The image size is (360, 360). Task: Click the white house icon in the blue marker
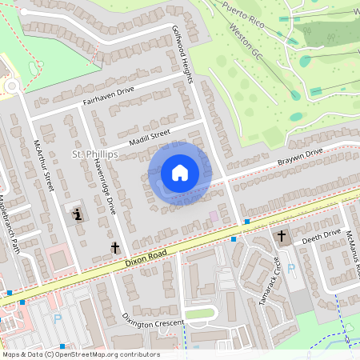[180, 172]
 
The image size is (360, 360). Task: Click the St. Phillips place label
[95, 153]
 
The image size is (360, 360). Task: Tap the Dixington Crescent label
[154, 324]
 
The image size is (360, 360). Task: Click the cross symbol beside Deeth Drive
[281, 236]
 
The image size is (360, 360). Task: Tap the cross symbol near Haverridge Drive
[115, 248]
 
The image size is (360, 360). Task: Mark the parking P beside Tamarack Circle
[290, 269]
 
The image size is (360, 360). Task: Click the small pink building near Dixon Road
[214, 216]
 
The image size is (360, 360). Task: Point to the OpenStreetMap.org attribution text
[80, 354]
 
